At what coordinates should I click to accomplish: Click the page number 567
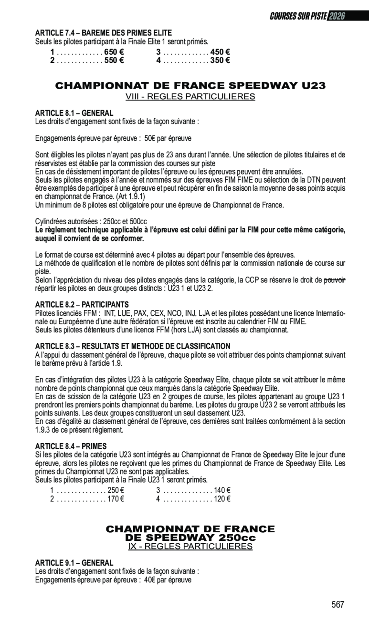pyautogui.click(x=338, y=604)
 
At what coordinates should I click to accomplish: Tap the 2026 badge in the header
pyautogui.click(x=337, y=16)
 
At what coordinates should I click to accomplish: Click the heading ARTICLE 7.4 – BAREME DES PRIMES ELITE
pyautogui.click(x=104, y=33)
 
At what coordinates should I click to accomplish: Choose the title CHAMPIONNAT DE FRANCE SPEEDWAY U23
pyautogui.click(x=190, y=86)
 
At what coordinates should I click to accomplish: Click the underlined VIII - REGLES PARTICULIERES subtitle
pyautogui.click(x=190, y=97)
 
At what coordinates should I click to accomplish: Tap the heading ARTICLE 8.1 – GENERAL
pyautogui.click(x=74, y=113)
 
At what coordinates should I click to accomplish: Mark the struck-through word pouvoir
pyautogui.click(x=334, y=280)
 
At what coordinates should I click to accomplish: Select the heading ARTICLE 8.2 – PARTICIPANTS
pyautogui.click(x=82, y=304)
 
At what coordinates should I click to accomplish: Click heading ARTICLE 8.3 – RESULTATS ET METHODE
pyautogui.click(x=133, y=346)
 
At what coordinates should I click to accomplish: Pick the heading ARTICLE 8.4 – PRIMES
pyautogui.click(x=71, y=446)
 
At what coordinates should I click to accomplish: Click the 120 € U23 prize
pyautogui.click(x=222, y=499)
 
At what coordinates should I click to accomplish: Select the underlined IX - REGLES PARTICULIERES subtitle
pyautogui.click(x=190, y=546)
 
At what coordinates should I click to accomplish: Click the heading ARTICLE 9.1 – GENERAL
pyautogui.click(x=74, y=563)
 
